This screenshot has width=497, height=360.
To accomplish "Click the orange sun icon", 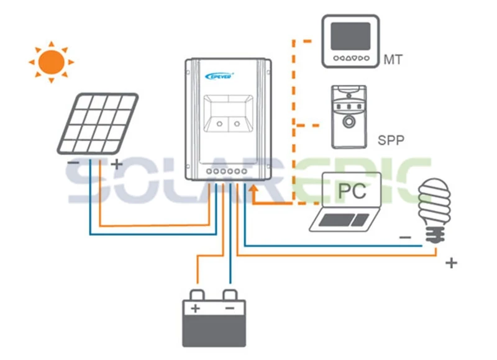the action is click(x=52, y=62).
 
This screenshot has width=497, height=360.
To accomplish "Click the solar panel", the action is click(x=98, y=124).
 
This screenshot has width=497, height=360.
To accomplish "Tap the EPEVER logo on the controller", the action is click(x=219, y=76).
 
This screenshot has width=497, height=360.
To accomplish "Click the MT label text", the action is click(x=393, y=60).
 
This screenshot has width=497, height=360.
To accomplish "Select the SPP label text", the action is click(x=391, y=140).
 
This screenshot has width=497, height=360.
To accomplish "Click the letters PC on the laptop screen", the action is click(x=352, y=191).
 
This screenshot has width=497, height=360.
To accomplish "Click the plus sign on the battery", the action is click(x=195, y=308).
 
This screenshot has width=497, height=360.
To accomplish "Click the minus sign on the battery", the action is click(x=230, y=308).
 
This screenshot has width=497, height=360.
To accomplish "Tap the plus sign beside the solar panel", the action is click(x=117, y=164).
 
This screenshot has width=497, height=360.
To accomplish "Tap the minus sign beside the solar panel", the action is click(x=73, y=163).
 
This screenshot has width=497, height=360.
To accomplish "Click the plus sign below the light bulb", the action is click(x=452, y=263).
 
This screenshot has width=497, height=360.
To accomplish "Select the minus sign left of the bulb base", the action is click(x=406, y=237).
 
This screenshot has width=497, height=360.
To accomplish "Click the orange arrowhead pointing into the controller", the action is click(x=253, y=189).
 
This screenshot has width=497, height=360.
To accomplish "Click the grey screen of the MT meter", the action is click(x=350, y=36).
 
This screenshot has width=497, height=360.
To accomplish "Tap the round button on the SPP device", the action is click(x=349, y=122).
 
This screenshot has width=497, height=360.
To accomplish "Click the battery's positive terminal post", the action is click(x=197, y=295).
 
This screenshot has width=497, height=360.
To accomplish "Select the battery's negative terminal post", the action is click(x=230, y=295).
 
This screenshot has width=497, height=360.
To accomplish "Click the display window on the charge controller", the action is click(x=228, y=114).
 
